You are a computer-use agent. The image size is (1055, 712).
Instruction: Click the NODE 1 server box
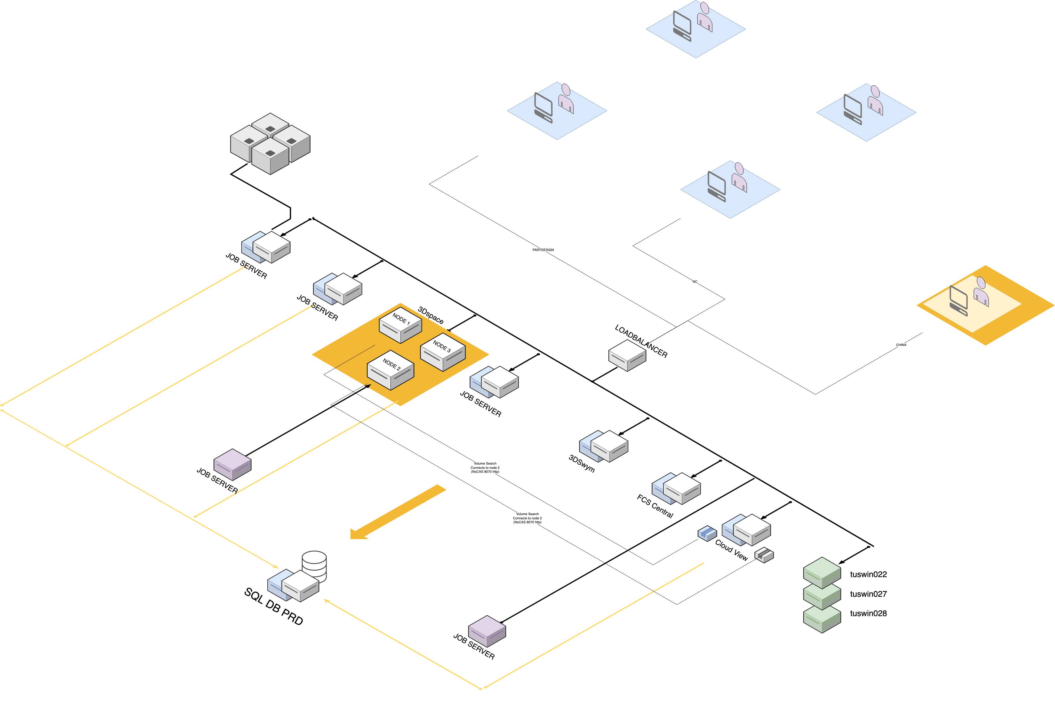pos(400,325)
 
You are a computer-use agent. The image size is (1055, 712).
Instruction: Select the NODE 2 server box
pos(390,370)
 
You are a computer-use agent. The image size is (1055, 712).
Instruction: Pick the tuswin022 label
pos(868,574)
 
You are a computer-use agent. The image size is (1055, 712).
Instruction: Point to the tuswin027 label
pos(868,594)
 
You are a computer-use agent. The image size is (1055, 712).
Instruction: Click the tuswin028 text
pos(868,613)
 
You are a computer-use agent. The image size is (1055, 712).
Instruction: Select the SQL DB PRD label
pos(273,606)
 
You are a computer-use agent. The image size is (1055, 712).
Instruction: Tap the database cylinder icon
pos(314,565)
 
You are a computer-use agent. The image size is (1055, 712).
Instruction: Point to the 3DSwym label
pos(581,464)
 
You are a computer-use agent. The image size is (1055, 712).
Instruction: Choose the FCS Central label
pos(655,506)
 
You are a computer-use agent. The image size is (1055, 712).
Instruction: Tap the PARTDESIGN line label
pos(543,250)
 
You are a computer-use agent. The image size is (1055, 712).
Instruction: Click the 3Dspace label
pos(430,315)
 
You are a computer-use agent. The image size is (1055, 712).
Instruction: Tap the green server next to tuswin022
pos(822,573)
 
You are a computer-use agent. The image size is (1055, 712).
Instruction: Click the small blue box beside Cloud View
pos(707,533)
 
